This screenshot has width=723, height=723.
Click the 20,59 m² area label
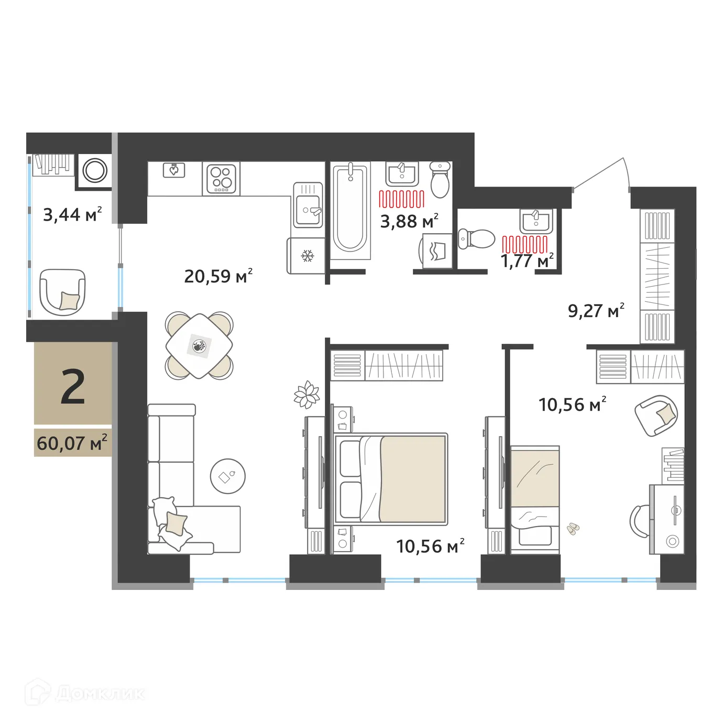218,276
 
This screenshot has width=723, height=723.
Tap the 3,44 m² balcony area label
72,214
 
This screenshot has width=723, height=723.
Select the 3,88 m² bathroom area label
409,221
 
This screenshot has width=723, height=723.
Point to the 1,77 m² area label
527,260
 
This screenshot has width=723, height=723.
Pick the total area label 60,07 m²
72,443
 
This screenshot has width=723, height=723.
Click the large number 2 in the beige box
72,388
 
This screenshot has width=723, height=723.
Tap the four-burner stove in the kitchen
221,179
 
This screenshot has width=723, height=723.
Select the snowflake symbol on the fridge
307,256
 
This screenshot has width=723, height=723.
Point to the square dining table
199,346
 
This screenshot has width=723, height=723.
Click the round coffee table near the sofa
227,476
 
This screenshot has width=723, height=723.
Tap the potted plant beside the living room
307,394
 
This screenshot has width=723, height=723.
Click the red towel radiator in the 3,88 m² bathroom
402,199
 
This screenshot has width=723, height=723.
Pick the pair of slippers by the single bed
573,528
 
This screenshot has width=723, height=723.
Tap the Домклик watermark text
100,694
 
